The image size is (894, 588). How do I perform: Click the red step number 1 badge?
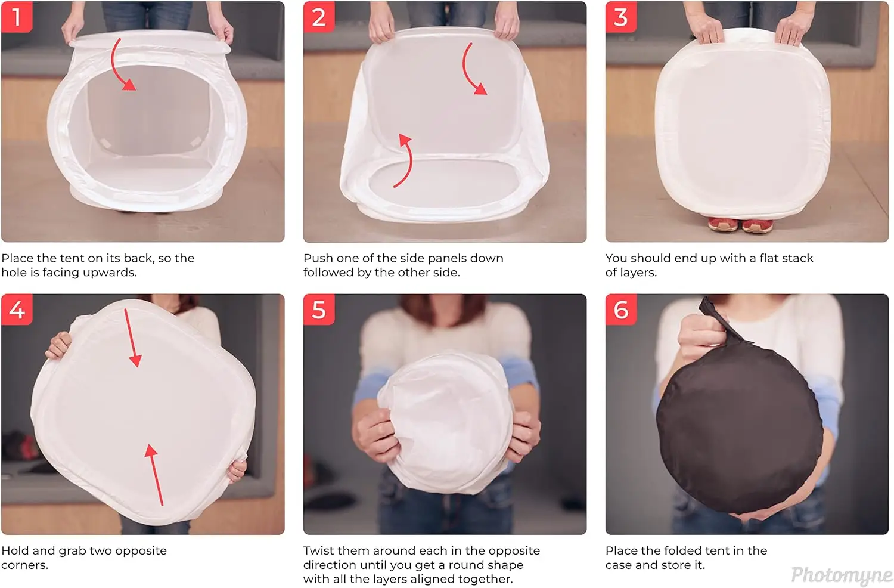[x=16, y=17]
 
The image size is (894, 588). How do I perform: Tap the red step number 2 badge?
[x=318, y=17]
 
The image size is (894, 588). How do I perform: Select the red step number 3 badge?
[x=620, y=17]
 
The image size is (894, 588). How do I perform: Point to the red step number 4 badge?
[x=16, y=310]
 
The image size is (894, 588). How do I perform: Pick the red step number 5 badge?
[x=318, y=310]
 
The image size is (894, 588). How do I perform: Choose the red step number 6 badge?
[x=620, y=310]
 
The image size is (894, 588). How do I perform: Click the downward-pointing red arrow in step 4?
[x=131, y=338]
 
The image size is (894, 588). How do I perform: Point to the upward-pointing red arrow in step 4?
[x=155, y=475]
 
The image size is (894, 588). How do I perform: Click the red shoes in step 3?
[x=740, y=225]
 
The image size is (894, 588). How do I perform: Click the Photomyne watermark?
[x=842, y=575]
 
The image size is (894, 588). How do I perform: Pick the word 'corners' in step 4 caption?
[x=24, y=565]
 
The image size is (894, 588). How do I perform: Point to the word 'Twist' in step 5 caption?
[x=318, y=551]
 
